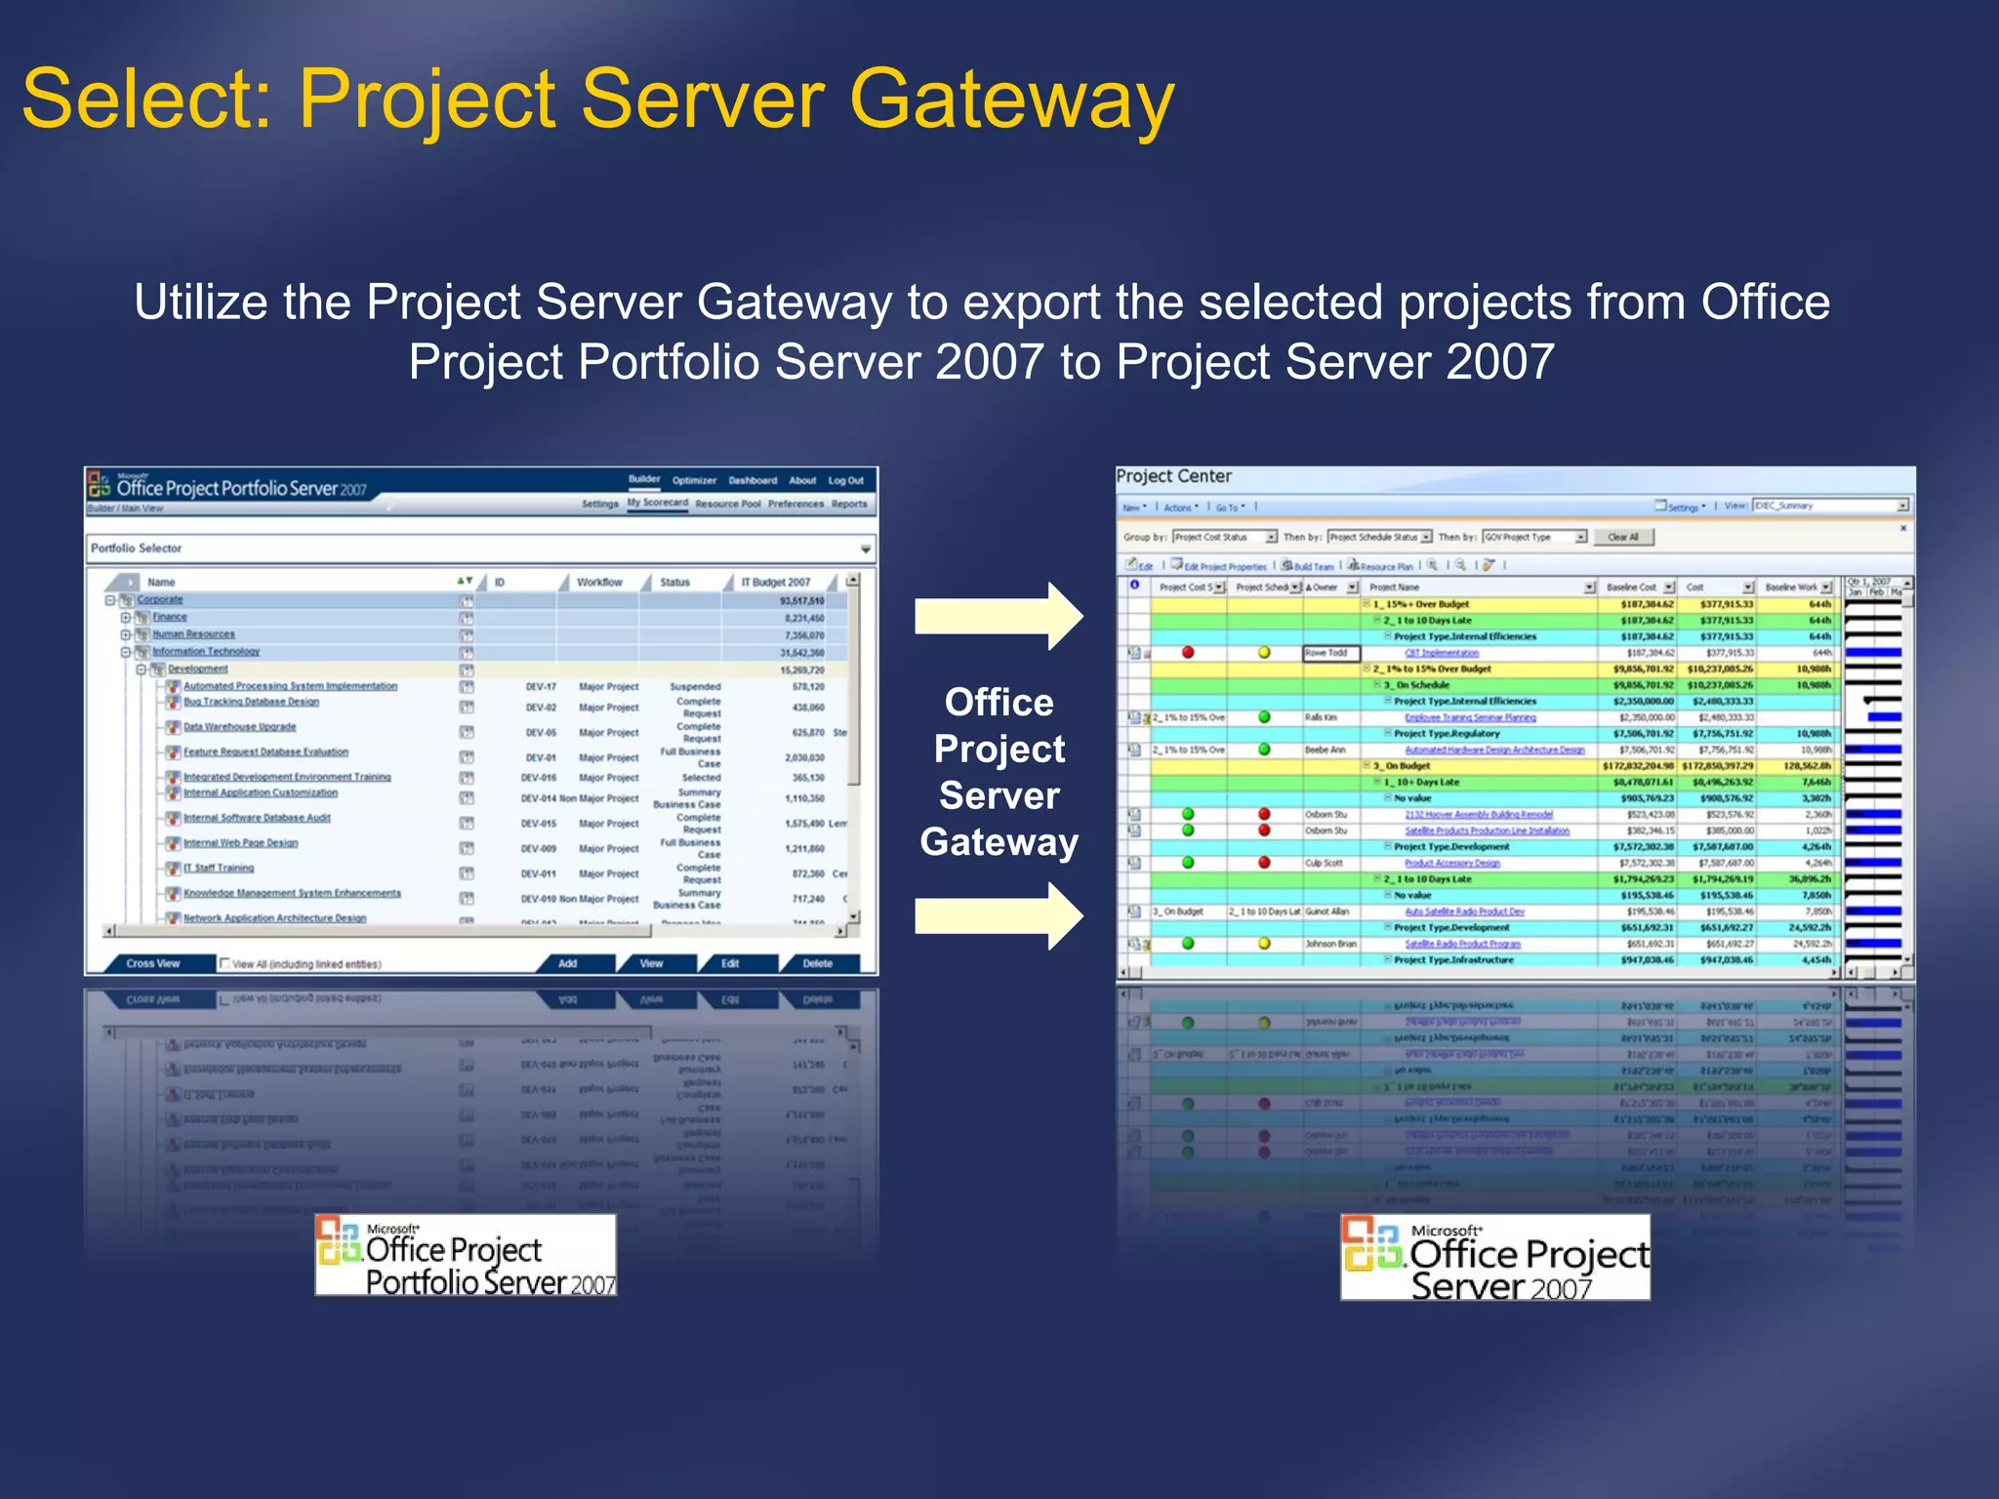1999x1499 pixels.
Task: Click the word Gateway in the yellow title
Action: point(1011,101)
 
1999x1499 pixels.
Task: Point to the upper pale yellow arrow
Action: point(998,616)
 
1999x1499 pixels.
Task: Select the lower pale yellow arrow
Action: point(998,915)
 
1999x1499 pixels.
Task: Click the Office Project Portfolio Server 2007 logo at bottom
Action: point(466,1255)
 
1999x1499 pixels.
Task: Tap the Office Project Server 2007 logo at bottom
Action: point(1494,1257)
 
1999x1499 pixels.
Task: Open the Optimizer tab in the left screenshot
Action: point(694,480)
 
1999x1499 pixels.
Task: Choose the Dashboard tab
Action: point(753,480)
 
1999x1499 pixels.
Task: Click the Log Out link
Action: point(845,480)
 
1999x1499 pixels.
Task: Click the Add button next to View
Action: point(567,963)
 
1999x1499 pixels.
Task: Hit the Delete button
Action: point(817,963)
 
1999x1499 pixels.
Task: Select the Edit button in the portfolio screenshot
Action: point(730,963)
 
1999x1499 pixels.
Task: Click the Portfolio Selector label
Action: point(137,548)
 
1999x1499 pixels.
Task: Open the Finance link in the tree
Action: point(170,617)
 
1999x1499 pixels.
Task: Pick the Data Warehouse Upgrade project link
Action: point(240,727)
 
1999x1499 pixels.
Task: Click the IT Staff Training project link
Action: point(219,868)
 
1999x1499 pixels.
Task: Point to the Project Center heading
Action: point(1173,476)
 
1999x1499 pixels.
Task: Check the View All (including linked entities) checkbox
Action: point(225,963)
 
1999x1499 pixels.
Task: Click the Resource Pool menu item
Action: point(727,504)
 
